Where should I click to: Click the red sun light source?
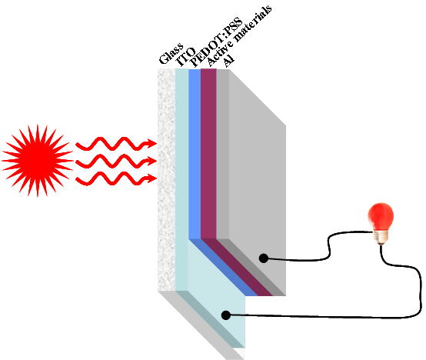pyautogui.click(x=38, y=161)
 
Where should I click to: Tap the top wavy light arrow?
pyautogui.click(x=116, y=144)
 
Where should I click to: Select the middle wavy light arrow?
pyautogui.click(x=116, y=161)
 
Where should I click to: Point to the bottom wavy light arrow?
pyautogui.click(x=116, y=178)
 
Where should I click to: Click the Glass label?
pyautogui.click(x=171, y=54)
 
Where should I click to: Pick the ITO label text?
pyautogui.click(x=186, y=57)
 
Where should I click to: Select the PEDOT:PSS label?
pyautogui.click(x=216, y=42)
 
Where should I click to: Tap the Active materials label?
pyautogui.click(x=239, y=35)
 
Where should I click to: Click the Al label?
pyautogui.click(x=228, y=61)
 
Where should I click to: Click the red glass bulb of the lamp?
pyautogui.click(x=381, y=217)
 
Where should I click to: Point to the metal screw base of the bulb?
pyautogui.click(x=381, y=237)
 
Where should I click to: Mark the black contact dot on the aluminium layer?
pyautogui.click(x=264, y=258)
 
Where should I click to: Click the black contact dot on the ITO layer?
pyautogui.click(x=226, y=315)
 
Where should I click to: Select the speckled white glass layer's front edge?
pyautogui.click(x=167, y=180)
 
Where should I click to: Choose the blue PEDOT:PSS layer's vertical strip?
pyautogui.click(x=195, y=154)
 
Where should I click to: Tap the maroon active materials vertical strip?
pyautogui.click(x=208, y=154)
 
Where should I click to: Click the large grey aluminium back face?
pyautogui.click(x=257, y=182)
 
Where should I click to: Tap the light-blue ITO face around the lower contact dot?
pyautogui.click(x=218, y=293)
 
